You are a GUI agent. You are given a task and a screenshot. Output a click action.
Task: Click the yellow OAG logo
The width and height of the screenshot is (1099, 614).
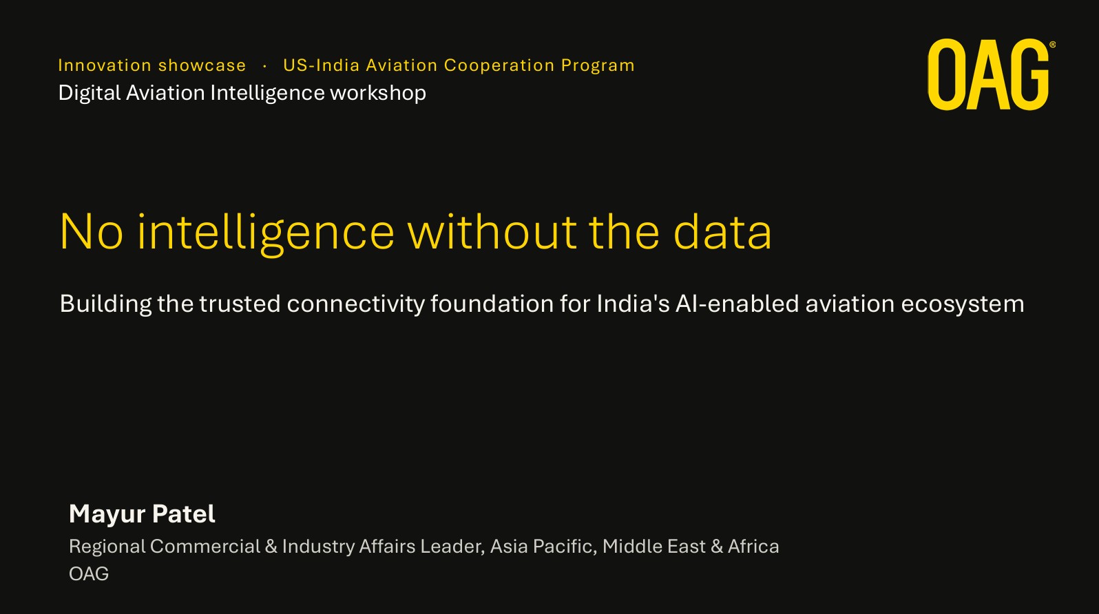(x=988, y=74)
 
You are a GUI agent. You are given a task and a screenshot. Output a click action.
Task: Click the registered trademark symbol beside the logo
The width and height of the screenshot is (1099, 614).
(x=1052, y=45)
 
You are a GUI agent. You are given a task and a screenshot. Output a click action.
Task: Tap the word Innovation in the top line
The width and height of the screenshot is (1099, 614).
(x=105, y=65)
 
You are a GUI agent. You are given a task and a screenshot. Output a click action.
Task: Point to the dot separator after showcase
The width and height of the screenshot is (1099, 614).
(x=265, y=66)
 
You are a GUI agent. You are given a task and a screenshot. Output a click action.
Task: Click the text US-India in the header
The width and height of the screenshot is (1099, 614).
(x=322, y=65)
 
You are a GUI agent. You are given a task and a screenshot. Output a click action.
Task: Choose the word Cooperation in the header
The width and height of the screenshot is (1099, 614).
(x=499, y=65)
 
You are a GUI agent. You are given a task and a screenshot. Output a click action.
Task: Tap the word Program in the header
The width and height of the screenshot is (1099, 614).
(x=598, y=66)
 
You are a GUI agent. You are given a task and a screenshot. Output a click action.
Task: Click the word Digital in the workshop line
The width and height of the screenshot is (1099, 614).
(x=90, y=93)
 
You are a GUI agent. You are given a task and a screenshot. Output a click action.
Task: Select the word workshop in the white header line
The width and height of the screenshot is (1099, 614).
(x=378, y=93)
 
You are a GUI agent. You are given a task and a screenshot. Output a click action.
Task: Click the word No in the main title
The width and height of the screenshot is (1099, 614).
(x=92, y=232)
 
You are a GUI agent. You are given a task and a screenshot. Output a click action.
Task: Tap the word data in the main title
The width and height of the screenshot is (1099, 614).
(x=723, y=231)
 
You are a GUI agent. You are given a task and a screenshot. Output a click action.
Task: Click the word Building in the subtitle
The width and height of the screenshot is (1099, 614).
(x=105, y=304)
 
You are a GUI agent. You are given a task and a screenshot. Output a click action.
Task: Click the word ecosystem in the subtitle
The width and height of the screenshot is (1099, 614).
(x=963, y=304)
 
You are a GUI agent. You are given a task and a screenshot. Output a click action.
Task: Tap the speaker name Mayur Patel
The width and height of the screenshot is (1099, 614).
(x=142, y=514)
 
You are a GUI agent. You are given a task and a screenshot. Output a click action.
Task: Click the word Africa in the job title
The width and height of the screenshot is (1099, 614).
(x=753, y=547)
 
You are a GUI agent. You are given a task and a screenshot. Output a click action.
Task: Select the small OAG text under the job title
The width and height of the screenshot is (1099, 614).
(x=89, y=574)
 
